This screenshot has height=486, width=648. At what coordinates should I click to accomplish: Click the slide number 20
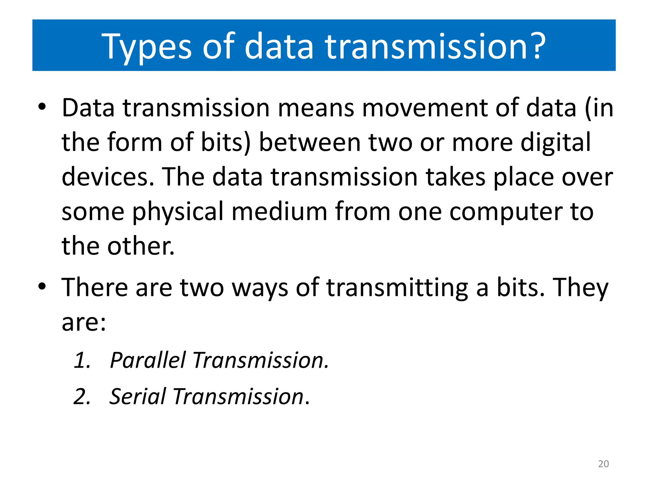pyautogui.click(x=603, y=464)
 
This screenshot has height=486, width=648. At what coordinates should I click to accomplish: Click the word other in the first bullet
pyautogui.click(x=141, y=246)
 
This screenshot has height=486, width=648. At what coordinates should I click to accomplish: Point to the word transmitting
pyautogui.click(x=397, y=288)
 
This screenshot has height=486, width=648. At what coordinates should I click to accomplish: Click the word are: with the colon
pyautogui.click(x=84, y=323)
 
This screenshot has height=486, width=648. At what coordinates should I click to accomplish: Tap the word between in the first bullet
pyautogui.click(x=310, y=142)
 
